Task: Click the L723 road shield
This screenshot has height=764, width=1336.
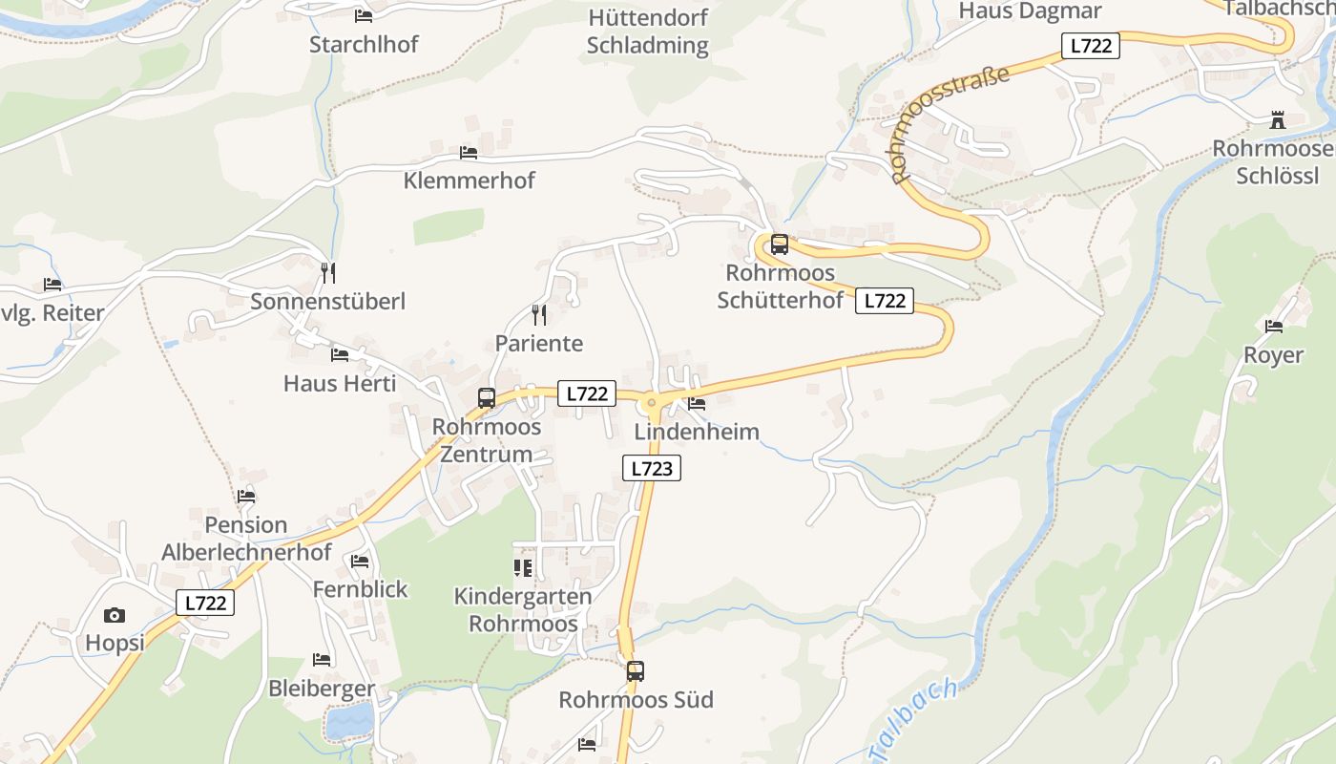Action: (652, 468)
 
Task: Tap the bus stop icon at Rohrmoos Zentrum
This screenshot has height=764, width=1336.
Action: (487, 398)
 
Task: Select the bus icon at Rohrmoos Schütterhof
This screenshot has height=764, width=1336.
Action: (780, 244)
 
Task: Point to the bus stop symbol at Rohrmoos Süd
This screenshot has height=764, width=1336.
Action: (636, 671)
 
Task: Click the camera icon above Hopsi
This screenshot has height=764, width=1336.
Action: (115, 616)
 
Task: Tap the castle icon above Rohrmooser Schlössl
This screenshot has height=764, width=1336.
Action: (1278, 120)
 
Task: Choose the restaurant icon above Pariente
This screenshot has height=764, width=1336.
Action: (539, 315)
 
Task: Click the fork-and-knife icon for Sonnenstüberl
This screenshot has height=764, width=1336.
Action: (328, 273)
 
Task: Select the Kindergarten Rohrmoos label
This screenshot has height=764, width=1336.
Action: (522, 609)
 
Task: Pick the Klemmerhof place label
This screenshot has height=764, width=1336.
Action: (469, 180)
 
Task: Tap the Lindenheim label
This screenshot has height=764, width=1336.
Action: (697, 432)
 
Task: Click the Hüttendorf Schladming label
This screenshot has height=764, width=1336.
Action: (648, 32)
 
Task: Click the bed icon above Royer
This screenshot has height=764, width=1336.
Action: (1274, 327)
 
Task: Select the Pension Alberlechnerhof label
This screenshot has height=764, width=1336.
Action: (246, 539)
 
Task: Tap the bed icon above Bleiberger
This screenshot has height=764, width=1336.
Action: (322, 660)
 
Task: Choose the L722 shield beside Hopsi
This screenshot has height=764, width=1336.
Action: (205, 603)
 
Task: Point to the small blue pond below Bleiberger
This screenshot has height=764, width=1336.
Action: (350, 721)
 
